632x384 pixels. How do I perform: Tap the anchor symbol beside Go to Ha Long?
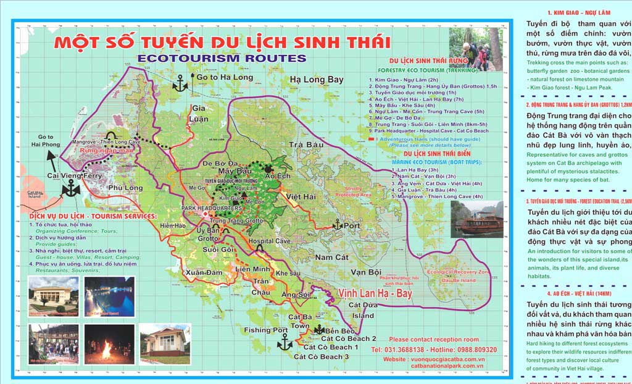pos(180,83)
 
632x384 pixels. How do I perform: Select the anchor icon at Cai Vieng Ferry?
pos(72,188)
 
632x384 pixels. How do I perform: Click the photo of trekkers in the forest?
pos(475,49)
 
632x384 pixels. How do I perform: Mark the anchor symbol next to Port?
pos(337,225)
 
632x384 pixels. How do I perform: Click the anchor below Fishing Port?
pos(284,342)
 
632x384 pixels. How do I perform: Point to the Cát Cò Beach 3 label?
pos(322,357)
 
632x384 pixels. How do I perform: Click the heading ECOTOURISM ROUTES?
pos(222,59)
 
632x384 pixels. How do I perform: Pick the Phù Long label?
pos(125,188)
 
